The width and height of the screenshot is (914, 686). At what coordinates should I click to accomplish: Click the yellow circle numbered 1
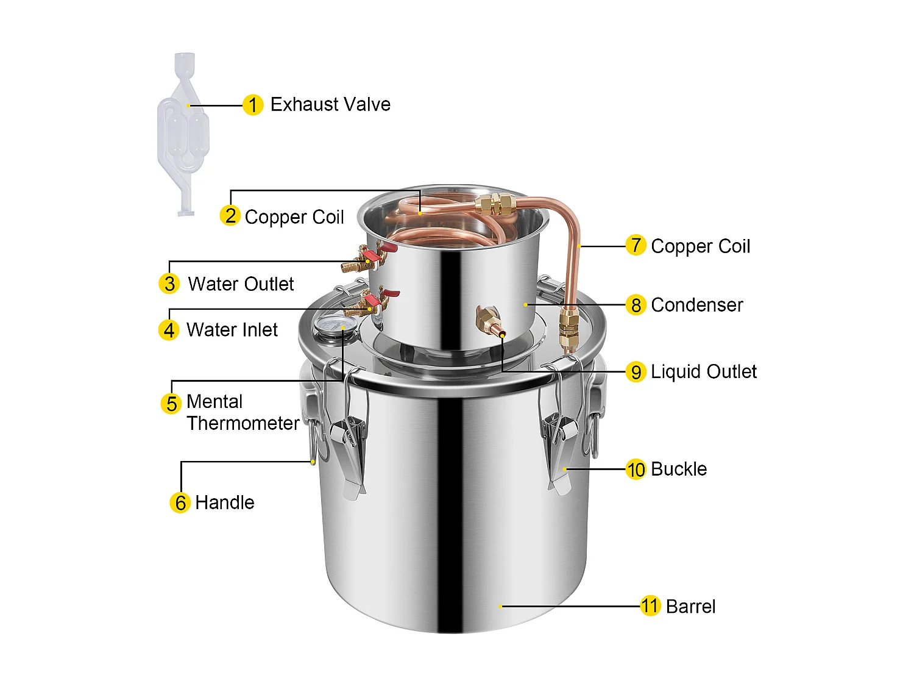click(x=253, y=105)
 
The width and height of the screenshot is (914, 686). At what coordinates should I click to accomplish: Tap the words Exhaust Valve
click(x=330, y=104)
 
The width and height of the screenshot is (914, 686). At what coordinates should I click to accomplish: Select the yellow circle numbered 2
click(x=230, y=215)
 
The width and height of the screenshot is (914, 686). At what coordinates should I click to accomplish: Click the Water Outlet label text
click(x=241, y=284)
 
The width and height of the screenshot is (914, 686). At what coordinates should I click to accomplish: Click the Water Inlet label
click(x=232, y=330)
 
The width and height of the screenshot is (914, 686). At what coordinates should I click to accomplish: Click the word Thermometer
click(x=243, y=423)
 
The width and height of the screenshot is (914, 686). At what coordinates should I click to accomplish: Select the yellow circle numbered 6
click(x=180, y=502)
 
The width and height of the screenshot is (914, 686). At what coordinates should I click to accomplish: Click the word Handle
click(x=224, y=502)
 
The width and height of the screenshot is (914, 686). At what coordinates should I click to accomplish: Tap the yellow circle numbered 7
click(x=636, y=245)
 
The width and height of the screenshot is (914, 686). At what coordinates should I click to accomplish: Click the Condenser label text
click(x=696, y=305)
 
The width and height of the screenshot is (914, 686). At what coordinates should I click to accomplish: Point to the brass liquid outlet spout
click(x=489, y=321)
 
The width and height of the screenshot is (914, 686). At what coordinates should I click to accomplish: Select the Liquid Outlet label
click(x=703, y=371)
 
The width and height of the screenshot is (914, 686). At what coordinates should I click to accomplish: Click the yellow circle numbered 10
click(x=636, y=470)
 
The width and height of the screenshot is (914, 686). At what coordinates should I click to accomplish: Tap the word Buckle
click(x=678, y=469)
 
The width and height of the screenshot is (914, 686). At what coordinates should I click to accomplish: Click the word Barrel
click(x=690, y=606)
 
